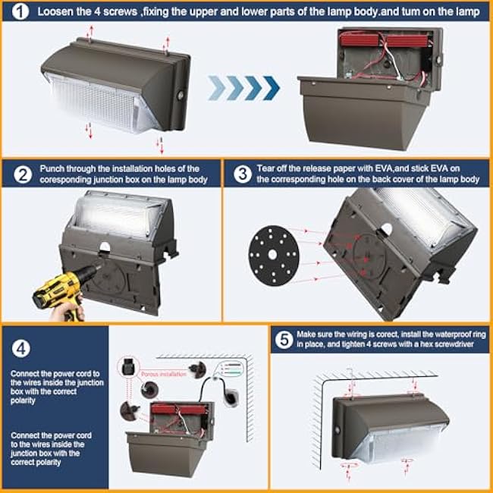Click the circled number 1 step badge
20,12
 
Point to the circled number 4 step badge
21,348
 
